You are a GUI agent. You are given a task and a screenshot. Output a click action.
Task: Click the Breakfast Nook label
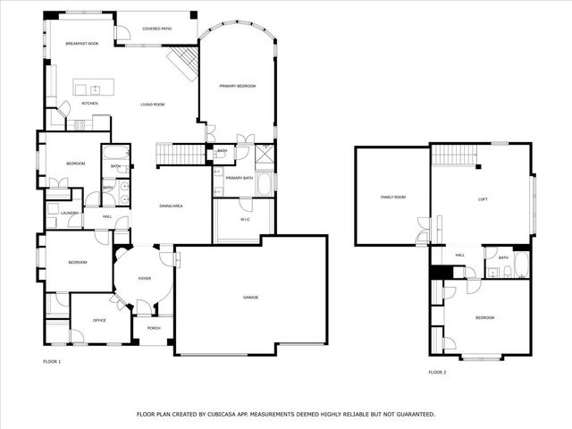[x=81, y=43]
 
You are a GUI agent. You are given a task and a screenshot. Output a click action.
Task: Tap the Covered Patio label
[x=156, y=28]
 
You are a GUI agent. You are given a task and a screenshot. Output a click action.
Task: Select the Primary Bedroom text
[x=238, y=86]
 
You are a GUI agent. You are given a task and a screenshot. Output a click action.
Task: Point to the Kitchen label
[x=89, y=104]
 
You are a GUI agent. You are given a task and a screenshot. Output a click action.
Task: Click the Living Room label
[x=152, y=105]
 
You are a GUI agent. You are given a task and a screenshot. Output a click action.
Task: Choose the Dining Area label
[x=171, y=206]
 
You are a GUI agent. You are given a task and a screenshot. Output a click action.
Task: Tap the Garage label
[x=250, y=297]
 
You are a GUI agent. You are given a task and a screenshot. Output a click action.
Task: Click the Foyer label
[x=144, y=278]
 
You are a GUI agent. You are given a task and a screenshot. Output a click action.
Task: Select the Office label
[x=99, y=320]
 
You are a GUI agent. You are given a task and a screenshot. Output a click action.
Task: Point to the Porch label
[x=154, y=329]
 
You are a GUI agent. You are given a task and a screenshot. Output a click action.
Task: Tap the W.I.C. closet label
[x=244, y=220]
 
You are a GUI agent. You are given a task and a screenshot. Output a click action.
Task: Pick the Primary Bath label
[x=239, y=179]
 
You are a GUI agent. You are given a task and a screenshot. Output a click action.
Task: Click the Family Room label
[x=392, y=197]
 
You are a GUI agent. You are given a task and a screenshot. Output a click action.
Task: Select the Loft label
[x=483, y=198]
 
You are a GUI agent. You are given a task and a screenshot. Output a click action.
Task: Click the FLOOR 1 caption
[x=52, y=361]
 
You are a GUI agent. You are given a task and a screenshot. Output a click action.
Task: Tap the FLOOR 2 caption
[x=436, y=372]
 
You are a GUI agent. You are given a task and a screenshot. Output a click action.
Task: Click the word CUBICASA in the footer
[x=230, y=414]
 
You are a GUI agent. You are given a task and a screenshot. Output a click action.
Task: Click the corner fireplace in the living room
[x=184, y=63]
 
